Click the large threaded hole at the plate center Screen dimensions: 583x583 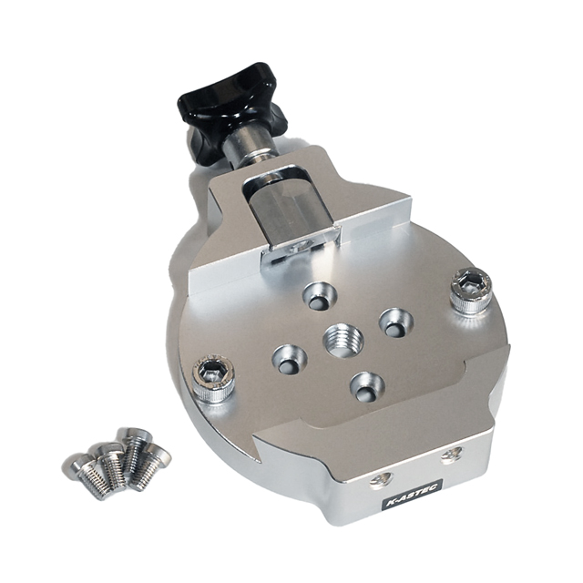(343, 341)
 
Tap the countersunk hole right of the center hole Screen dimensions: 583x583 (395, 322)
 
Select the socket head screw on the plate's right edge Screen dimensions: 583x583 (470, 290)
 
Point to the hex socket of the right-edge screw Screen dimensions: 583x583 (471, 284)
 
